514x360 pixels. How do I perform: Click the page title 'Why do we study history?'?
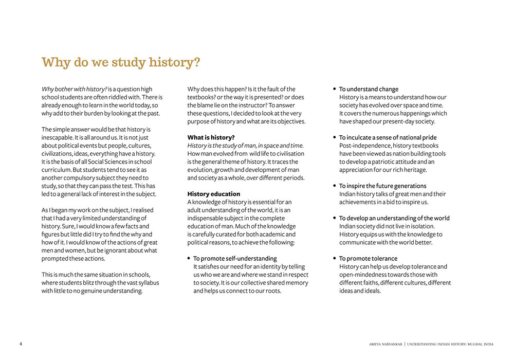(120, 63)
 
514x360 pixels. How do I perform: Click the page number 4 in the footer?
(21, 344)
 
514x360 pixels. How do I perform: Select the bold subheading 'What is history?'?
(211, 137)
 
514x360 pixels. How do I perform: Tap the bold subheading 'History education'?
(213, 194)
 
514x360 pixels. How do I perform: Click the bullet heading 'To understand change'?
(369, 89)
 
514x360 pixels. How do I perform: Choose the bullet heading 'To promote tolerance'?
(368, 258)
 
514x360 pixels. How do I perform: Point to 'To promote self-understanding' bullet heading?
(235, 258)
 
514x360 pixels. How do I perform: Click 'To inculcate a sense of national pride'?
(388, 137)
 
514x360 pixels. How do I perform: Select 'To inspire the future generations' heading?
(382, 186)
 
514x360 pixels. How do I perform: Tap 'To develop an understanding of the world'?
(394, 218)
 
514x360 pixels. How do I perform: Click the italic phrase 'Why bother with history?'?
(74, 89)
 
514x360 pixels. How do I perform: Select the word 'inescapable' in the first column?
(58, 137)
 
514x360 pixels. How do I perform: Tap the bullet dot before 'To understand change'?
(335, 89)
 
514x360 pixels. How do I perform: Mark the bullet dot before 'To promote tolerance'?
(335, 258)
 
